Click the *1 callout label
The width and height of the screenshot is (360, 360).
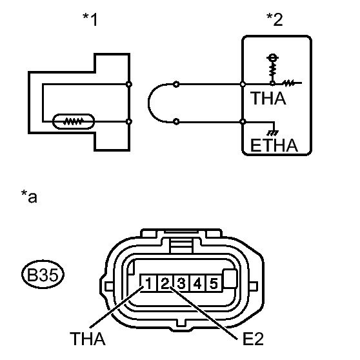point(90,19)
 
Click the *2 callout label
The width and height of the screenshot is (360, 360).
point(275,19)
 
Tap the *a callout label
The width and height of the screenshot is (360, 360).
point(29,196)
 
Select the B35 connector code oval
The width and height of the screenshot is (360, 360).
point(43,274)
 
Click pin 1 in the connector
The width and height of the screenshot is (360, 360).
point(148,283)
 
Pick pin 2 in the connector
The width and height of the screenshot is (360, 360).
point(165,283)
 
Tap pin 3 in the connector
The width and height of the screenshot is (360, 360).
point(181,283)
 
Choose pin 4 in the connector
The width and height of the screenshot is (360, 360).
point(197,283)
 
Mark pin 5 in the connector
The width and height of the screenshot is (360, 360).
point(214,283)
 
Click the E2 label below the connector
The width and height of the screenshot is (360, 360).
point(253,339)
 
